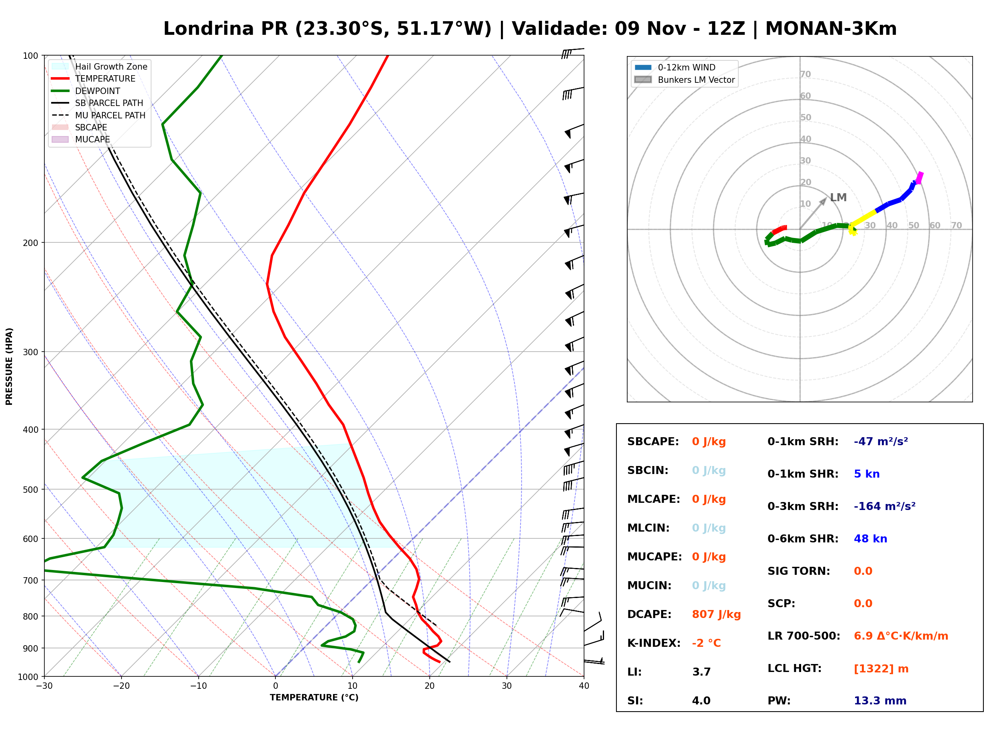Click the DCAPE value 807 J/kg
716,614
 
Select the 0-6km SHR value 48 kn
870,539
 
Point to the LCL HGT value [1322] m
881,669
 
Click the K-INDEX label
654,643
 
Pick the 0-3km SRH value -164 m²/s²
885,506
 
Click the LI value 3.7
701,672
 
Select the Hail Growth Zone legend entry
100,66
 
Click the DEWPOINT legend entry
86,91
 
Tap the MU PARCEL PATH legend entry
98,115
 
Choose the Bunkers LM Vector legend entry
684,80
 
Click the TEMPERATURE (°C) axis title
314,698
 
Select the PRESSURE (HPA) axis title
9,366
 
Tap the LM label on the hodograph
838,198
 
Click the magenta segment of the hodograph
919,178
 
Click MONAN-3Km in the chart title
831,29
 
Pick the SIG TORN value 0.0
863,571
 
